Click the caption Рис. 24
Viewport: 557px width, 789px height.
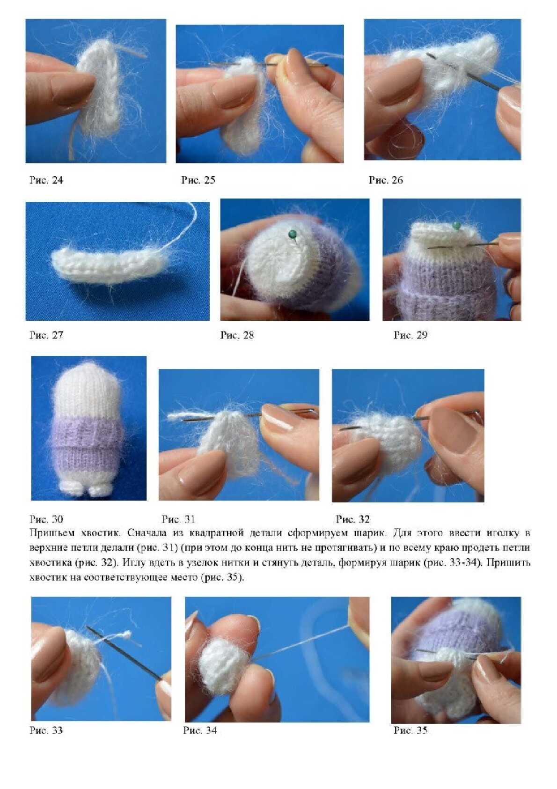pos(46,180)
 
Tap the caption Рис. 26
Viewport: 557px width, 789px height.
pos(386,180)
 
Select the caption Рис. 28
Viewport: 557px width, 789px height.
pos(237,335)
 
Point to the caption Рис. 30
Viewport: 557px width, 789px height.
pos(46,519)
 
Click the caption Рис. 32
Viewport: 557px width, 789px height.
pos(353,519)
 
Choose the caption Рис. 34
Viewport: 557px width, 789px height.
pos(200,730)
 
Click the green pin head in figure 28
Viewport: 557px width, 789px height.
pos(292,234)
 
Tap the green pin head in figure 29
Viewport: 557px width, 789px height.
pos(457,225)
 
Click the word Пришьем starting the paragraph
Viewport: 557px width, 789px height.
pos(52,533)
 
